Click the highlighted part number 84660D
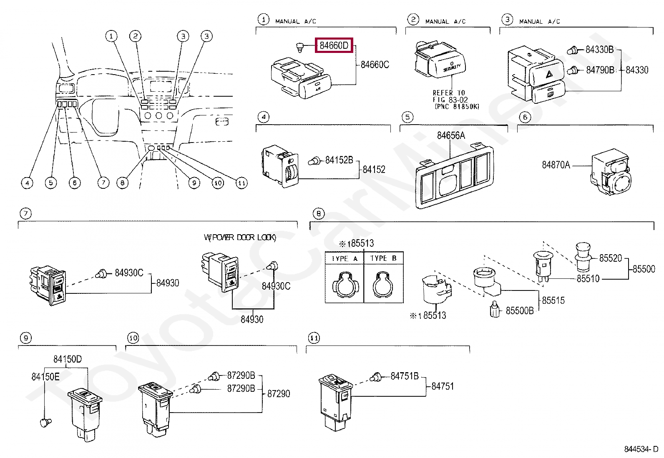(x=334, y=45)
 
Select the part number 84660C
(x=375, y=65)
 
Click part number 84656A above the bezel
(x=451, y=135)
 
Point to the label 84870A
(x=556, y=165)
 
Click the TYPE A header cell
(x=345, y=258)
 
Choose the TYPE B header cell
(x=384, y=258)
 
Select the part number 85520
(x=610, y=258)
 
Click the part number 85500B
(x=519, y=311)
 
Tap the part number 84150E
(x=45, y=377)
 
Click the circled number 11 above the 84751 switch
(x=314, y=338)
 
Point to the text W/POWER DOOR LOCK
(x=240, y=238)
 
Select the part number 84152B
(x=339, y=160)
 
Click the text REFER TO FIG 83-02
(x=449, y=96)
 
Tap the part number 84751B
(x=404, y=376)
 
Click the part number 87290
(x=279, y=394)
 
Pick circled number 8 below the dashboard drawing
(x=122, y=183)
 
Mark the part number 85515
(x=553, y=300)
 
